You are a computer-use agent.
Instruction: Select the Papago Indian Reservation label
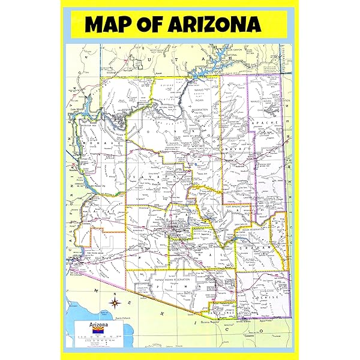pos(159,280)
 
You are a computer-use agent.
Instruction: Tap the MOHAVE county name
pos(99,144)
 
